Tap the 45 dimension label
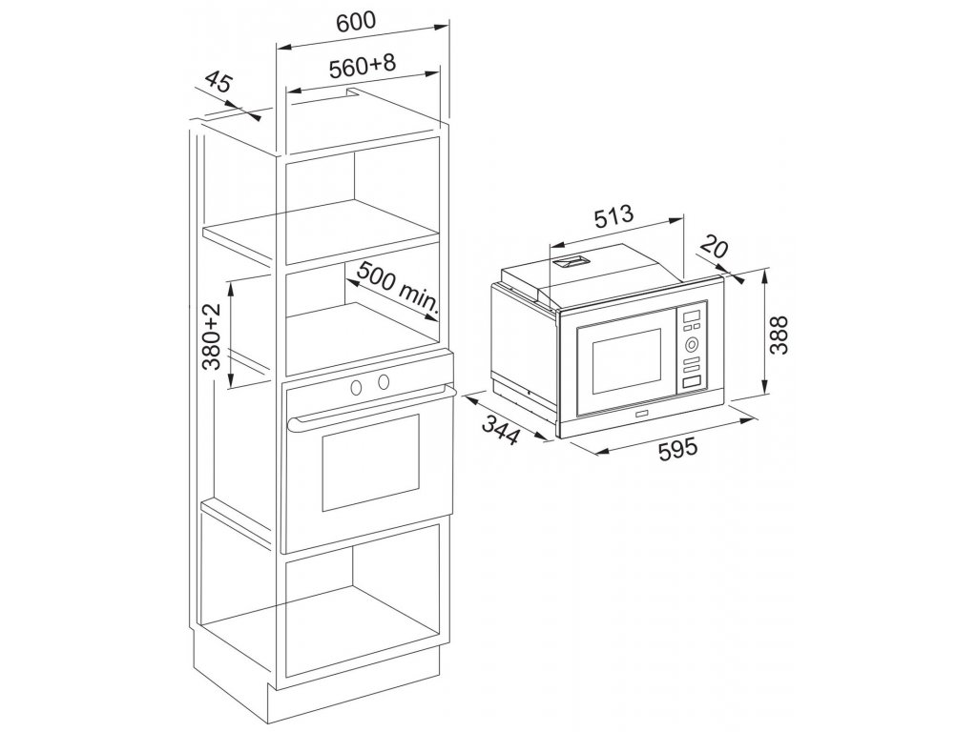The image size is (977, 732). (x=218, y=83)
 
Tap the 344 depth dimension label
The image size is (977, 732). (x=500, y=430)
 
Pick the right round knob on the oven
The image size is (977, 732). (x=383, y=382)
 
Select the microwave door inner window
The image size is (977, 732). (x=627, y=363)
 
